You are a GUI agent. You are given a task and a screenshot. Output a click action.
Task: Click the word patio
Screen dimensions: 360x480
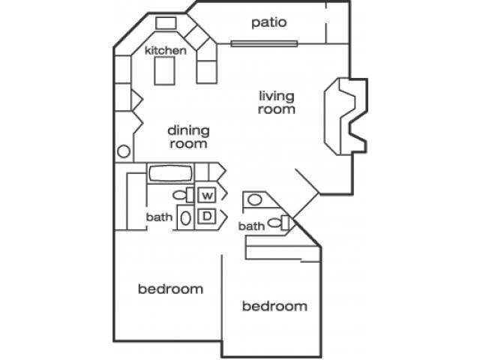pos(268,22)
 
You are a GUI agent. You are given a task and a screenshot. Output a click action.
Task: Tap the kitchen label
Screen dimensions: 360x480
pos(165,51)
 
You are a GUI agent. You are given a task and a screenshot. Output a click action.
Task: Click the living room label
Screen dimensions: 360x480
pos(277,102)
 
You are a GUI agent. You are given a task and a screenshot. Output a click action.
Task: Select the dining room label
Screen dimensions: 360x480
pos(188,136)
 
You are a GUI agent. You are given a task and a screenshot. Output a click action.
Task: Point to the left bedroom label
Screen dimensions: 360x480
pos(170,289)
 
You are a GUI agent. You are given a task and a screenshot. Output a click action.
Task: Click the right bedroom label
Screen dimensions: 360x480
pos(274,306)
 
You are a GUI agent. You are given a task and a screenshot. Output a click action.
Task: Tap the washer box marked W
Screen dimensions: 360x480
pos(206,195)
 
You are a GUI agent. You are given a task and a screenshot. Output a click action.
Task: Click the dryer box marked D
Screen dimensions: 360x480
pos(206,217)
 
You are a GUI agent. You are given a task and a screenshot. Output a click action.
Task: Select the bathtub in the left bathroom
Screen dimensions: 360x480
pos(170,173)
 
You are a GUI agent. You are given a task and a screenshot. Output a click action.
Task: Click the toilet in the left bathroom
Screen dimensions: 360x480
pos(181,195)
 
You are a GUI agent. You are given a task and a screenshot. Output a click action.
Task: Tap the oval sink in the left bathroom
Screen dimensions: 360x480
pos(184,218)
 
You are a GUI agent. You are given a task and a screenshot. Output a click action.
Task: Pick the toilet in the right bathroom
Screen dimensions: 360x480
pos(282,222)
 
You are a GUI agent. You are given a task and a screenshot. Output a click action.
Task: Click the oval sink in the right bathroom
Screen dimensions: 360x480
pos(255,200)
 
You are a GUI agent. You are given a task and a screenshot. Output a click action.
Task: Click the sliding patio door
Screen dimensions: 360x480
pos(264,43)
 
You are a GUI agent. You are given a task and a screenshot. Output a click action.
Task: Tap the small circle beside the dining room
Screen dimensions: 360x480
pos(123,151)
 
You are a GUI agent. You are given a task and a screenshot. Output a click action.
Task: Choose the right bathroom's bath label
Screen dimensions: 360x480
pos(251,226)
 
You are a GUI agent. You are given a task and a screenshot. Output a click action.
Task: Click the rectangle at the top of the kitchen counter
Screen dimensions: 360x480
pos(165,23)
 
